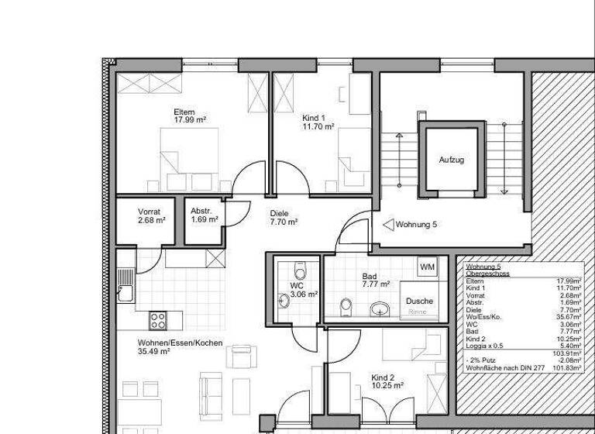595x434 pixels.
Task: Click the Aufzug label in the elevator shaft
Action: click(452, 160)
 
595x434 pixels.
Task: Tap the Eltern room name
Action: click(184, 112)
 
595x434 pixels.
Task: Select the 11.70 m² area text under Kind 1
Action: click(318, 126)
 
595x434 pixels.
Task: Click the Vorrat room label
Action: click(149, 212)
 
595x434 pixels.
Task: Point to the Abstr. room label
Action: click(201, 212)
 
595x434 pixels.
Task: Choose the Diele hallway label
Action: click(279, 213)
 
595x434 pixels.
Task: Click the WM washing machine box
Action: click(427, 267)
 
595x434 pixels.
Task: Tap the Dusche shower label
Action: click(419, 301)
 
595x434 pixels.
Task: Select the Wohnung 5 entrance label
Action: click(416, 224)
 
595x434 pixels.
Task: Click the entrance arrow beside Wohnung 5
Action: click(388, 224)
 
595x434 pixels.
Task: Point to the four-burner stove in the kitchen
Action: click(158, 319)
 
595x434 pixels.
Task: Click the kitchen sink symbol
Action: click(124, 292)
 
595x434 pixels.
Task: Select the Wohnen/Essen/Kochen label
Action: click(170, 343)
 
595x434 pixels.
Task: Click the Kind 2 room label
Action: click(383, 377)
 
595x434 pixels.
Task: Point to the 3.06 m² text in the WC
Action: click(304, 294)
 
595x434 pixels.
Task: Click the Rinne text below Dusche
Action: click(418, 312)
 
